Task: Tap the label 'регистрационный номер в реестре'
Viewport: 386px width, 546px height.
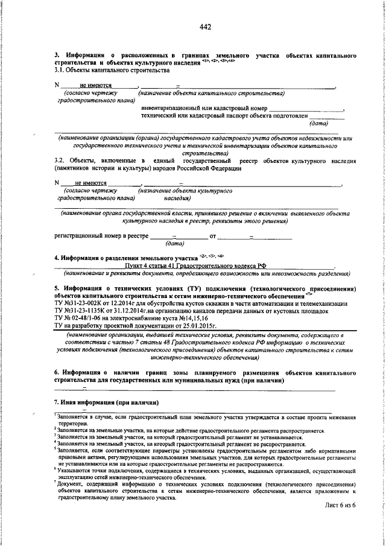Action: (101, 236)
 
